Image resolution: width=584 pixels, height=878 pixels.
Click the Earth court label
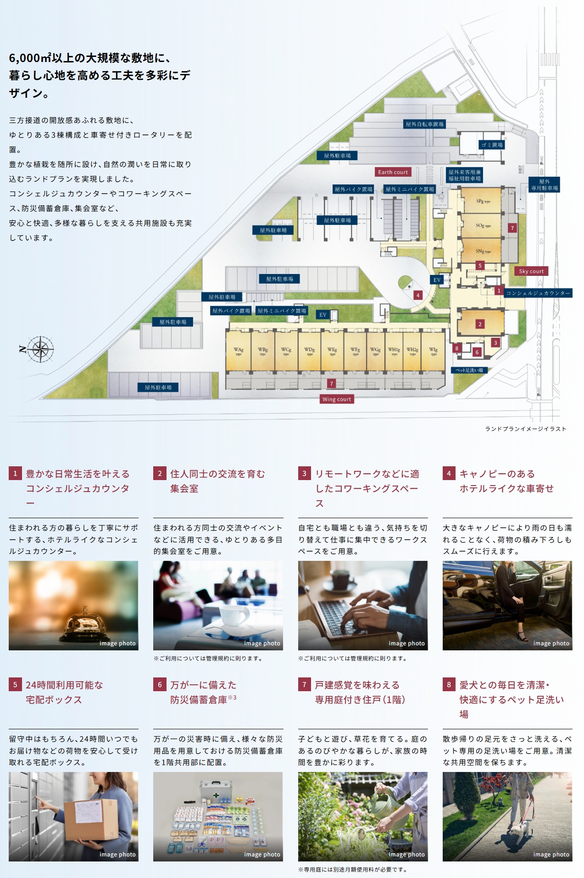393,172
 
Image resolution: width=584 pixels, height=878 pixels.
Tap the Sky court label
531,271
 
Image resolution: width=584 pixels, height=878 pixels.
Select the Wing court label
337,399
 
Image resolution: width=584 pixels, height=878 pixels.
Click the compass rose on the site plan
40,349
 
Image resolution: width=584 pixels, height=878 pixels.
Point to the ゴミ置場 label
492,145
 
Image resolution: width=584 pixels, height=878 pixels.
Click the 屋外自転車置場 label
424,124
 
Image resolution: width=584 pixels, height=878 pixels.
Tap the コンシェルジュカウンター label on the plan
538,293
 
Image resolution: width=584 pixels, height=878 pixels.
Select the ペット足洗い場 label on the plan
469,370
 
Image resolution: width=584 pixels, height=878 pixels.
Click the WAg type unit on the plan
239,351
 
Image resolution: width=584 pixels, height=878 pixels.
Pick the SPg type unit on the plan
483,201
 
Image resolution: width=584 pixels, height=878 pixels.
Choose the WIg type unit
433,351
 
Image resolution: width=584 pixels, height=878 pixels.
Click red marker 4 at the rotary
418,296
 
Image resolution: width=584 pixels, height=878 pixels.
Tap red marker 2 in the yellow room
480,324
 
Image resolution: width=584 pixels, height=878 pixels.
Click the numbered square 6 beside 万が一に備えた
160,685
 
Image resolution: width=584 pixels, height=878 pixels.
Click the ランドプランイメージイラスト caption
525,429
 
